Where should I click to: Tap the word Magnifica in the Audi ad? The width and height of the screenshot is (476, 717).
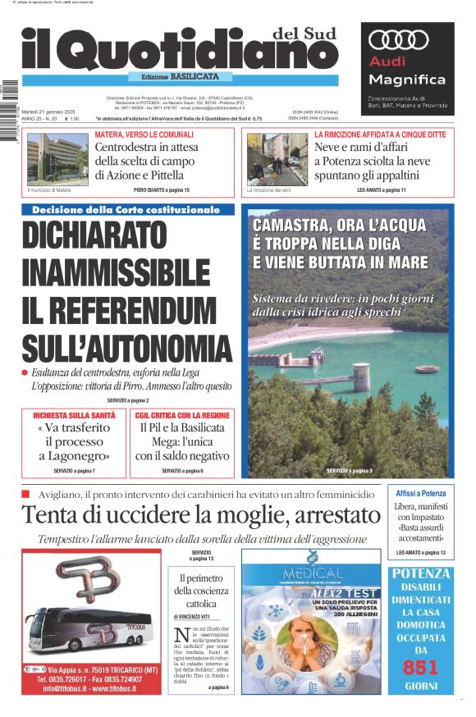[407, 80]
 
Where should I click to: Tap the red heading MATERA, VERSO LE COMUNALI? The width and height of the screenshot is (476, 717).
[144, 134]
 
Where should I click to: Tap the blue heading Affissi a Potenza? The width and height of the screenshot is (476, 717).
[420, 494]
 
